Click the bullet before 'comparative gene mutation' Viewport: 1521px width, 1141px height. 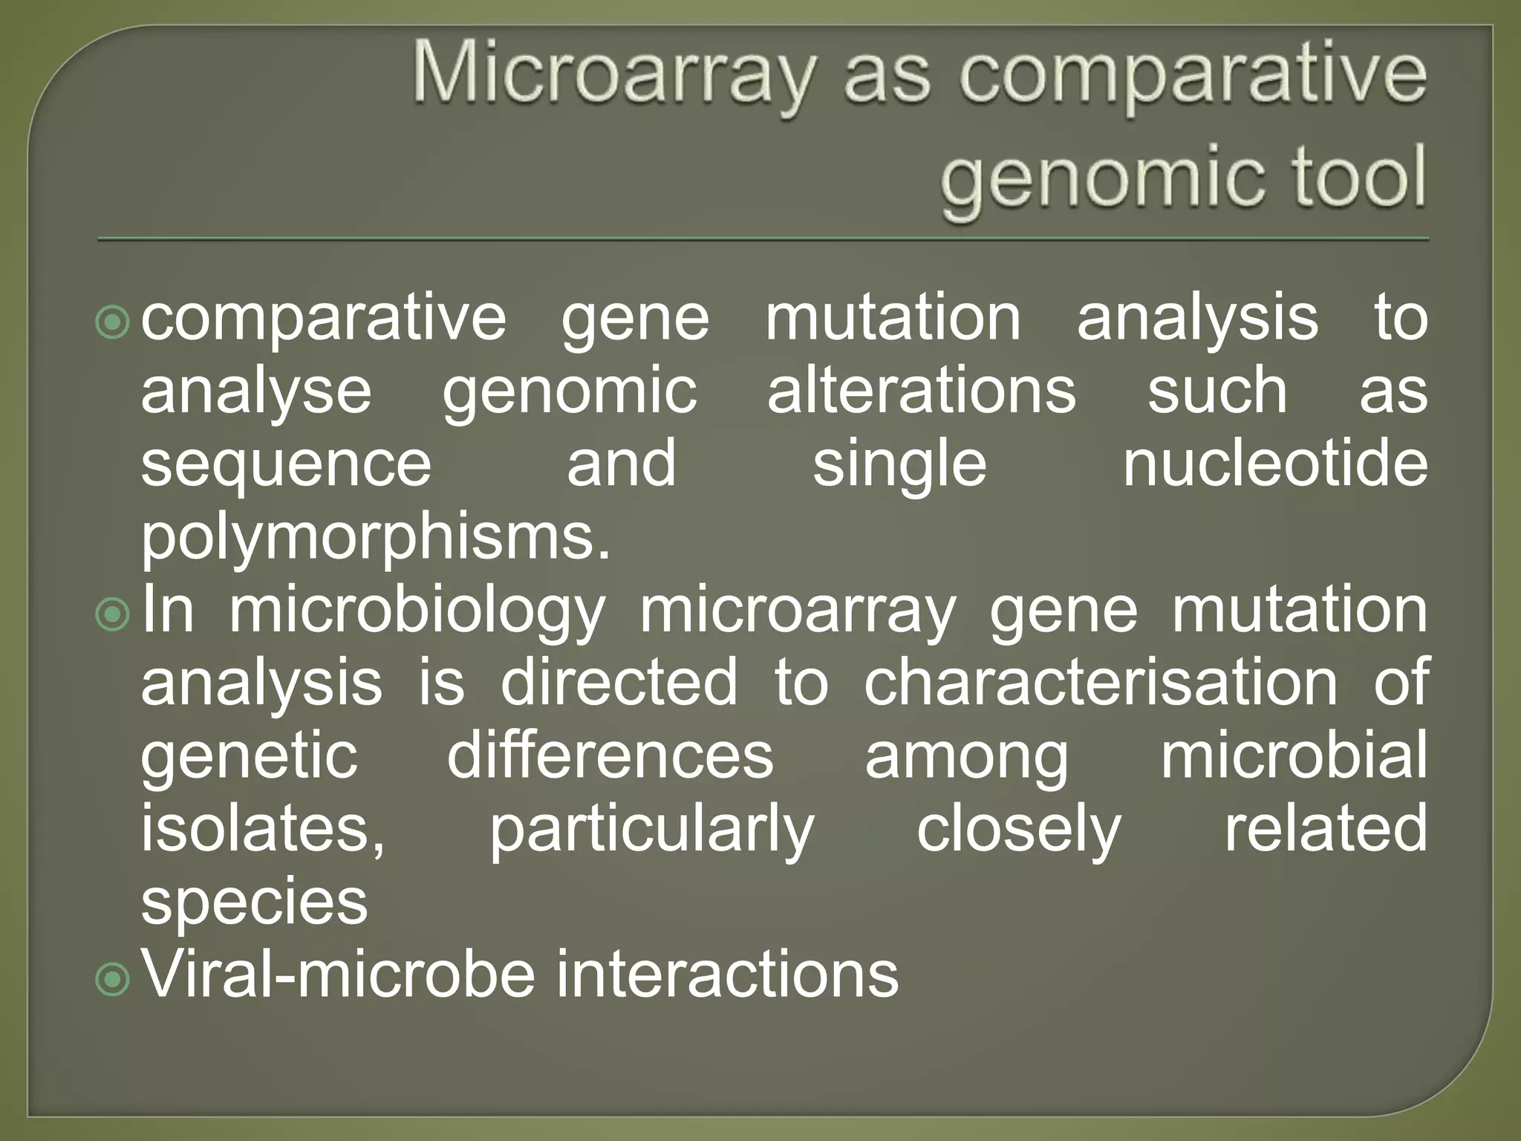pos(114,322)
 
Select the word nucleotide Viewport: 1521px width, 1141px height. pos(1274,464)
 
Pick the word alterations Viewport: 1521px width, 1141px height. pos(921,391)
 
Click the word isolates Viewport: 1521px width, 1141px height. pos(262,829)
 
